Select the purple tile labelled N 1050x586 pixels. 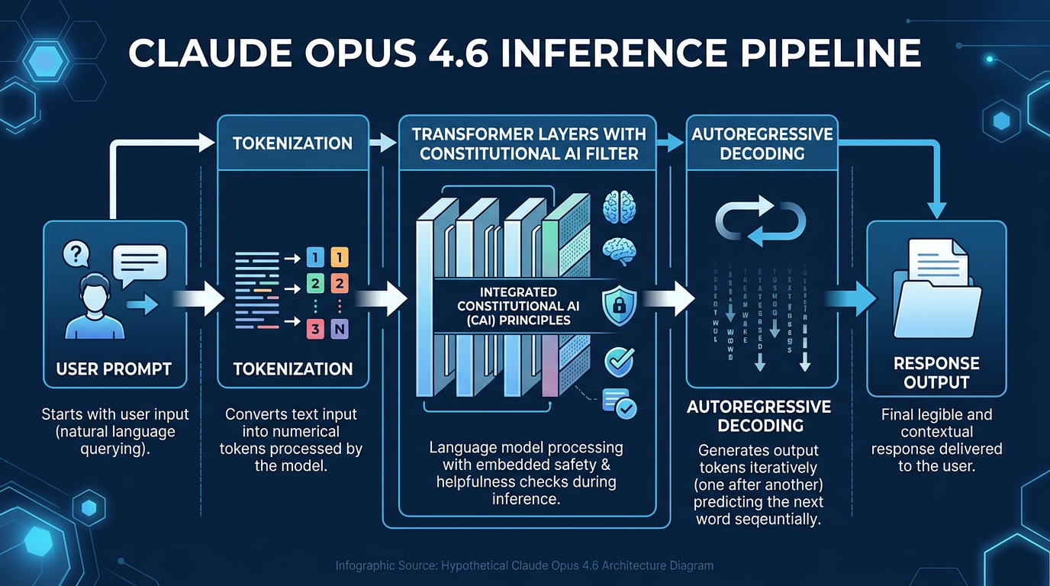pos(340,330)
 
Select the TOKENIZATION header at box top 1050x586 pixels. pos(293,143)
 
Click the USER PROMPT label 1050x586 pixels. pos(114,369)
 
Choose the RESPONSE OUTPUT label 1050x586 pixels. pos(936,372)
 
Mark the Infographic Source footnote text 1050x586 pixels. pos(524,566)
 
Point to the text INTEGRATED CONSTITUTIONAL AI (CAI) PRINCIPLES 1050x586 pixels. pos(519,305)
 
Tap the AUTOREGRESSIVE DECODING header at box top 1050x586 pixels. pos(762,143)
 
